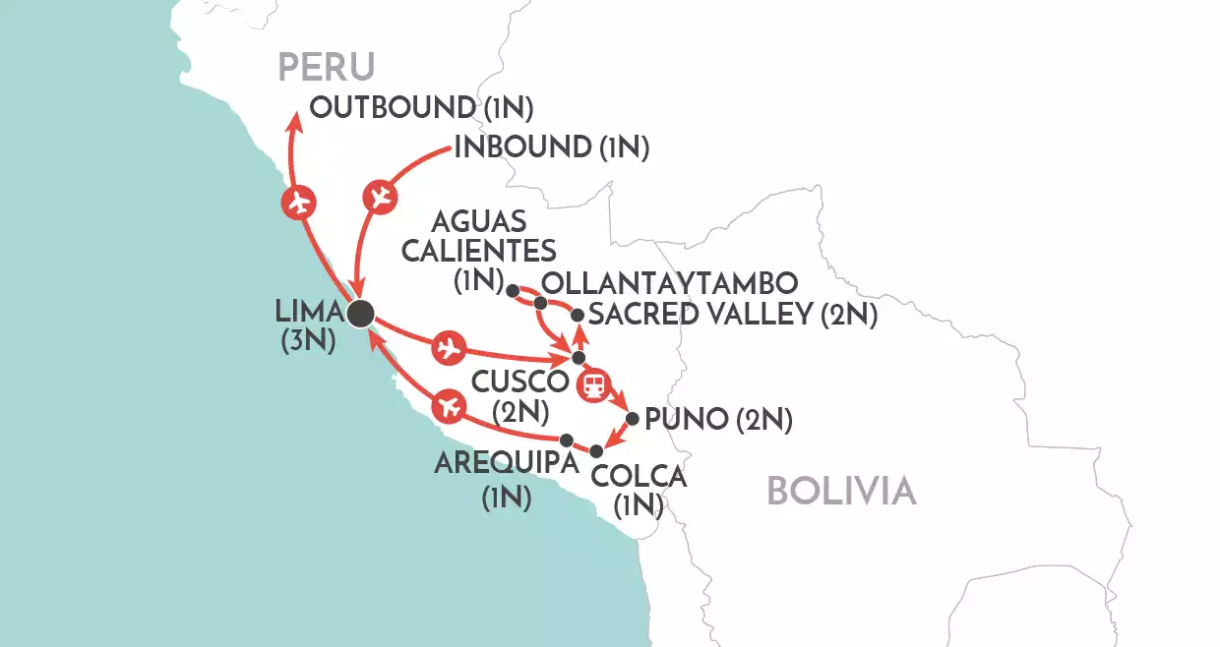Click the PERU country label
pos(327,66)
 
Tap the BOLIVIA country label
pos(841,490)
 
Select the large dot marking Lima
pos(361,313)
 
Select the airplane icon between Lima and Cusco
pos(448,346)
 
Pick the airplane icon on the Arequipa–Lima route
pos(448,404)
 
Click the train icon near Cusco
pos(594,385)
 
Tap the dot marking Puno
pos(632,418)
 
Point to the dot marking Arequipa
pos(566,440)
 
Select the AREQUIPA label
pos(506,463)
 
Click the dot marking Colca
pos(596,450)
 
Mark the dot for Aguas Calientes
pos(512,290)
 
